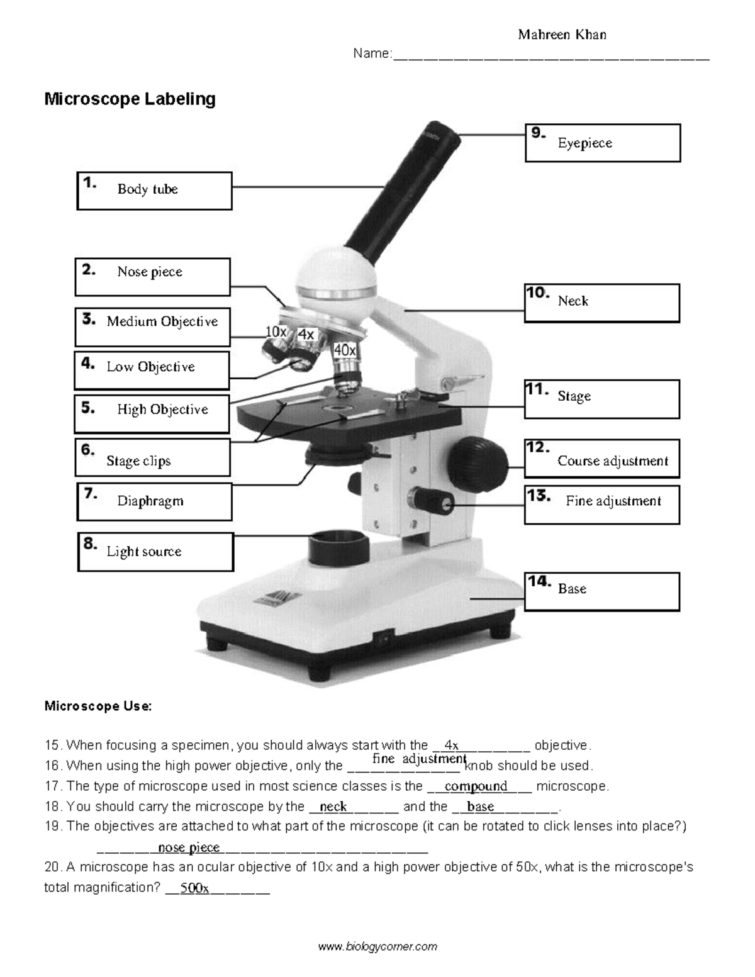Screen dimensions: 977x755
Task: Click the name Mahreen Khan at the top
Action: point(562,35)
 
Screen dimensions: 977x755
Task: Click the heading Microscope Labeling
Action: point(130,99)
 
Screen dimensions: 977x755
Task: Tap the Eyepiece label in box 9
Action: point(584,143)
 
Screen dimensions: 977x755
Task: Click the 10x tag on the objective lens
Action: point(276,332)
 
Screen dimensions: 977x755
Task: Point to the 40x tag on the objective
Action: point(345,350)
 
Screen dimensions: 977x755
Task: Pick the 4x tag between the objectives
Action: point(306,335)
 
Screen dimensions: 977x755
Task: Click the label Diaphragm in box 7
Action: point(150,501)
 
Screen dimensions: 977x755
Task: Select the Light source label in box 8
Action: point(143,552)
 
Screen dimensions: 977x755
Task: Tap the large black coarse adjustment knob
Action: point(478,466)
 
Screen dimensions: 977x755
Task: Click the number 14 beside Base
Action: point(539,581)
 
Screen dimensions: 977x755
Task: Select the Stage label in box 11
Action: point(574,396)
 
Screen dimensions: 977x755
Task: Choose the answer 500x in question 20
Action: point(194,889)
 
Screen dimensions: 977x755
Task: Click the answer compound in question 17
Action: point(476,786)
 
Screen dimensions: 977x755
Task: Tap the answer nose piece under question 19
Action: point(189,847)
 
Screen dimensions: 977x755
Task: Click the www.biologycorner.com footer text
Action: point(377,946)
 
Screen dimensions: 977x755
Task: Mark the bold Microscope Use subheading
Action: point(98,706)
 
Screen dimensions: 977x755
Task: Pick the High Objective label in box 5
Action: point(162,410)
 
